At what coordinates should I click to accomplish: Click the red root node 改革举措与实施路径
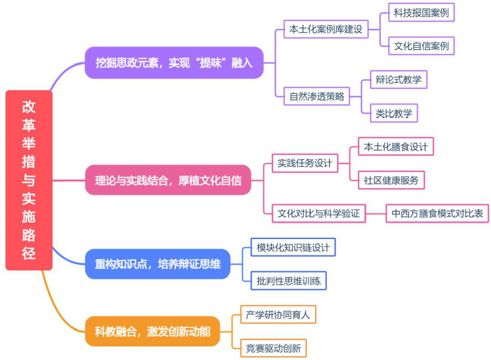pos(29,180)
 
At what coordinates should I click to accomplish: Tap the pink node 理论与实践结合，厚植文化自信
pos(168,180)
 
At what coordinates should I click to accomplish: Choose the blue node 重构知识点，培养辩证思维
pos(158,264)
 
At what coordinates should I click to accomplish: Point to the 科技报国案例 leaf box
pos(421,12)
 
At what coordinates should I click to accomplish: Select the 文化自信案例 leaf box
pos(421,46)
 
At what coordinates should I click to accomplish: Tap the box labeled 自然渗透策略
pos(316,96)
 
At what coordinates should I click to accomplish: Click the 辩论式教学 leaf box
pos(398,79)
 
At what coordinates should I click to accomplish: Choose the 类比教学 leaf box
pos(394,113)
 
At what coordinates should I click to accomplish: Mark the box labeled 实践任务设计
pos(305,163)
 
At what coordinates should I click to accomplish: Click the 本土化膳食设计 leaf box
pos(396,147)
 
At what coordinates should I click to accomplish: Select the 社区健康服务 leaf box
pos(391,180)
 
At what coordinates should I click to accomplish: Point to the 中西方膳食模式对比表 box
pos(437,213)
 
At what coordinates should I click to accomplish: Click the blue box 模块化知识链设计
pos(293,247)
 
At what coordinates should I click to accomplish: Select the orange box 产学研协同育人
pos(278,315)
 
